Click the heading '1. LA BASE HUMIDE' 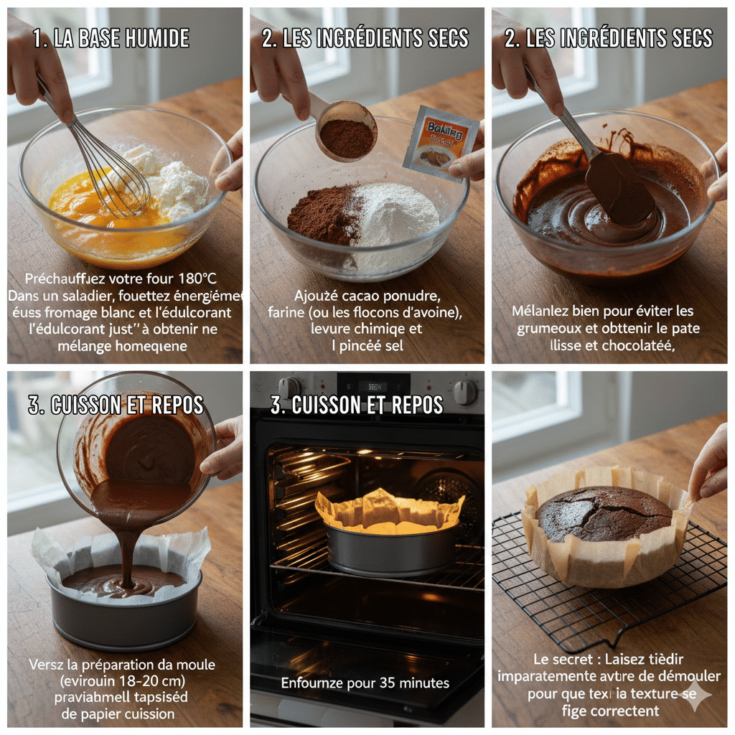pos(111,39)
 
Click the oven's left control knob pos(289,388)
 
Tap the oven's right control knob pos(464,391)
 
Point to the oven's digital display pos(373,386)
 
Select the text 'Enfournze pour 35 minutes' pos(365,683)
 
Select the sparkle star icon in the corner pos(698,693)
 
